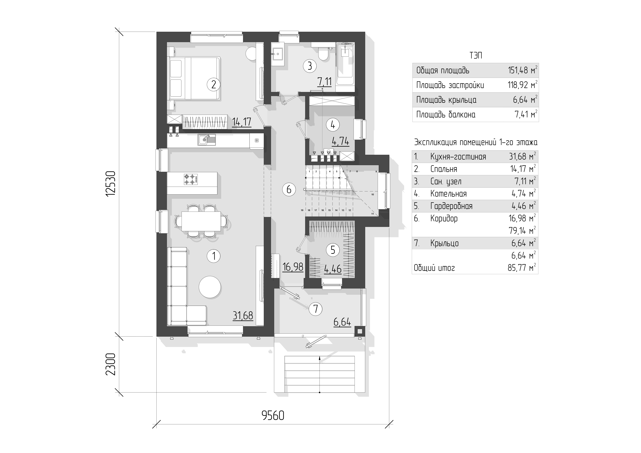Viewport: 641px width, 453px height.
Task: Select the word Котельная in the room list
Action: click(448, 194)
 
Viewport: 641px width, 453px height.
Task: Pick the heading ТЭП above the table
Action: click(476, 56)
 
